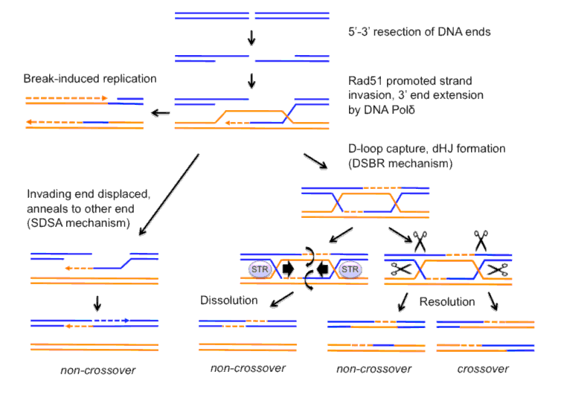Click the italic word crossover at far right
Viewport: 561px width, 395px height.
click(x=484, y=369)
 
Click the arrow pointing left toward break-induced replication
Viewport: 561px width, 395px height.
click(x=160, y=112)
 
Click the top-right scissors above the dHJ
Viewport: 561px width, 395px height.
click(x=482, y=239)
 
